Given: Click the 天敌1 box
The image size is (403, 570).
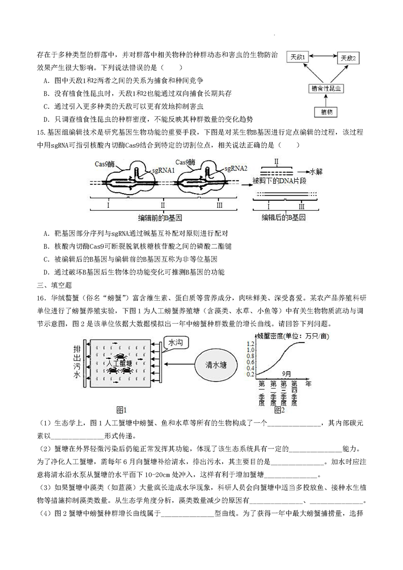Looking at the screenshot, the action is pos(298,57).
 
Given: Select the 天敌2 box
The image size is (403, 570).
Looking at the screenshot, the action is pos(349,58).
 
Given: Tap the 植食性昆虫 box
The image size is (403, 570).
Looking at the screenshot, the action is pos(326,88).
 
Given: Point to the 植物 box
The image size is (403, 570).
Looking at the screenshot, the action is pos(326,112).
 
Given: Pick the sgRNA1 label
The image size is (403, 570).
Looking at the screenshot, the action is pos(164,170).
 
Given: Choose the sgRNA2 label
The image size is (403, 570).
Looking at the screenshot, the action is pos(236,168).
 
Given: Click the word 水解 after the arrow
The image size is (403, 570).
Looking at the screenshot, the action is pos(316,172).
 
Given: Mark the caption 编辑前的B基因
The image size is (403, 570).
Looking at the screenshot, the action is pos(160,218).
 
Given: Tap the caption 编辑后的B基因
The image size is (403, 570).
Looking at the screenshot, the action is pos(284,217).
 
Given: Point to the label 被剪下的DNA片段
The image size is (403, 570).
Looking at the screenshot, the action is pos(280,181).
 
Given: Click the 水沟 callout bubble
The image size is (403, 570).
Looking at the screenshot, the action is pos(175,342).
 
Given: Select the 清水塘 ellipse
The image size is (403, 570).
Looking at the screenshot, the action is pos(216,365).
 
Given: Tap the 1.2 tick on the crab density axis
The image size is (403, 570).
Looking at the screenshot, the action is pos(251,343).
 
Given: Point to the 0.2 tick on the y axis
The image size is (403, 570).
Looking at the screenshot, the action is pos(251,374).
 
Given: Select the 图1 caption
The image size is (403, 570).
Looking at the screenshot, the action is pos(121,410).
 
